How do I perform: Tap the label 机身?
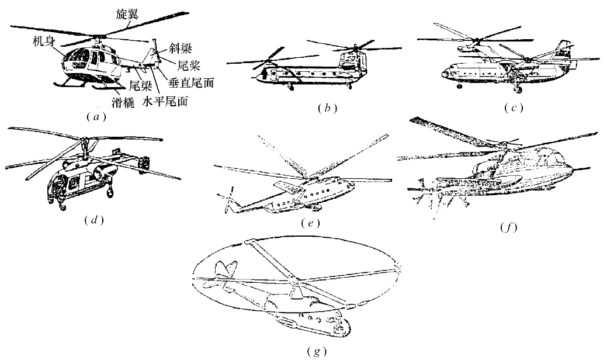tap(43, 41)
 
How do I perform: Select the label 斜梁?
tap(181, 49)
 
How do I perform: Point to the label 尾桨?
tap(189, 65)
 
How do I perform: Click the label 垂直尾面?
tap(191, 82)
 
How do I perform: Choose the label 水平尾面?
tap(165, 102)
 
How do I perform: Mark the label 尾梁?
tap(140, 85)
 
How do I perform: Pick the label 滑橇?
tap(123, 103)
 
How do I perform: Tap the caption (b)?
tap(328, 108)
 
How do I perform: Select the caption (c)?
tap(514, 108)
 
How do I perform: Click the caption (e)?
tap(311, 223)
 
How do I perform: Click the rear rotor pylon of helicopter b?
tap(352, 61)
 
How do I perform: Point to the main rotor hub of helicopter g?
tap(296, 279)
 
